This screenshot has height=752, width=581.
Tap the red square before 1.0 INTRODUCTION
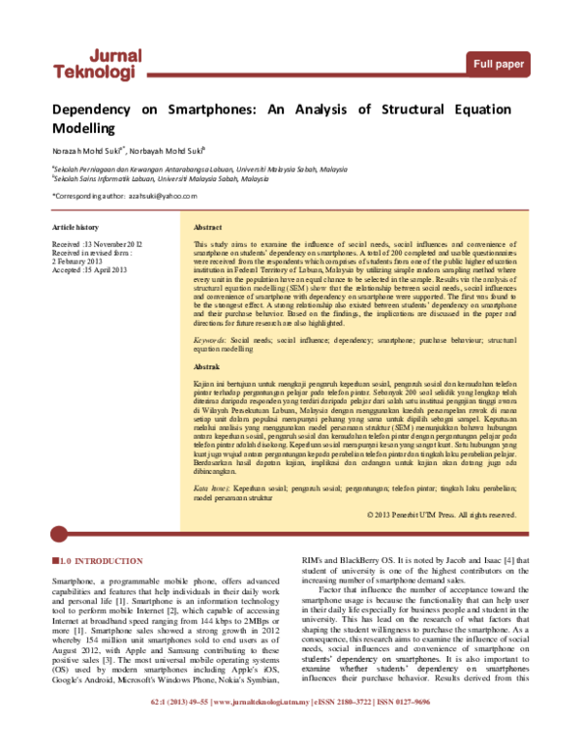54,561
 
